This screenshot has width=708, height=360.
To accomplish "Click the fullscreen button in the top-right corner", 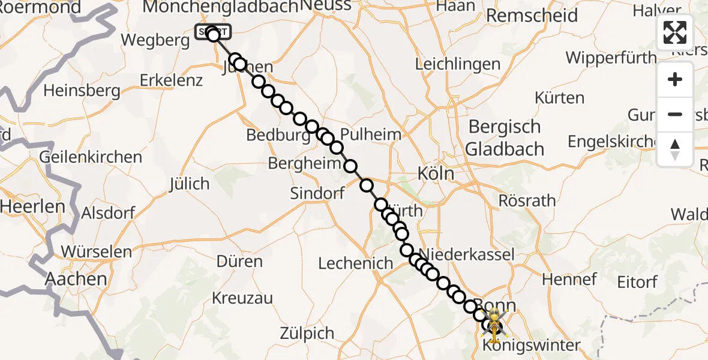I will [x=675, y=32].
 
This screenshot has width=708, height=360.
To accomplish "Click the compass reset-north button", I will [x=675, y=149].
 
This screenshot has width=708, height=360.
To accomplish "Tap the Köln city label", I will [x=436, y=175].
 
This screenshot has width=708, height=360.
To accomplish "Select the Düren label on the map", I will [x=240, y=262].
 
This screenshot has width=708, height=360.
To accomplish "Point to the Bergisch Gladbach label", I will [x=505, y=138].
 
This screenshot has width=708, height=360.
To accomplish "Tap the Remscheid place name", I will [x=532, y=16].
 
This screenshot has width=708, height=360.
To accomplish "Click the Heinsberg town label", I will [x=82, y=91].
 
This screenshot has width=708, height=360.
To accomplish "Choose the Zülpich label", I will [x=307, y=334].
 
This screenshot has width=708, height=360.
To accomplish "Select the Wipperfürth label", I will [x=611, y=58].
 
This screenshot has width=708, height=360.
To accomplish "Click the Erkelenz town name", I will [x=171, y=80].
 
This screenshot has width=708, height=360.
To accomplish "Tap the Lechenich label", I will [x=356, y=263].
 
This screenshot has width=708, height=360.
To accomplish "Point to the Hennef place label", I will [x=569, y=279].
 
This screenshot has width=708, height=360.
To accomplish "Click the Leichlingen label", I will [x=458, y=64].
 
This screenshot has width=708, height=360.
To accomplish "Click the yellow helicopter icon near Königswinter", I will [x=494, y=324].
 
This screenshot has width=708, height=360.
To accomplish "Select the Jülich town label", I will [x=190, y=184].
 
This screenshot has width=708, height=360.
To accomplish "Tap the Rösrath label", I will [x=527, y=200].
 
